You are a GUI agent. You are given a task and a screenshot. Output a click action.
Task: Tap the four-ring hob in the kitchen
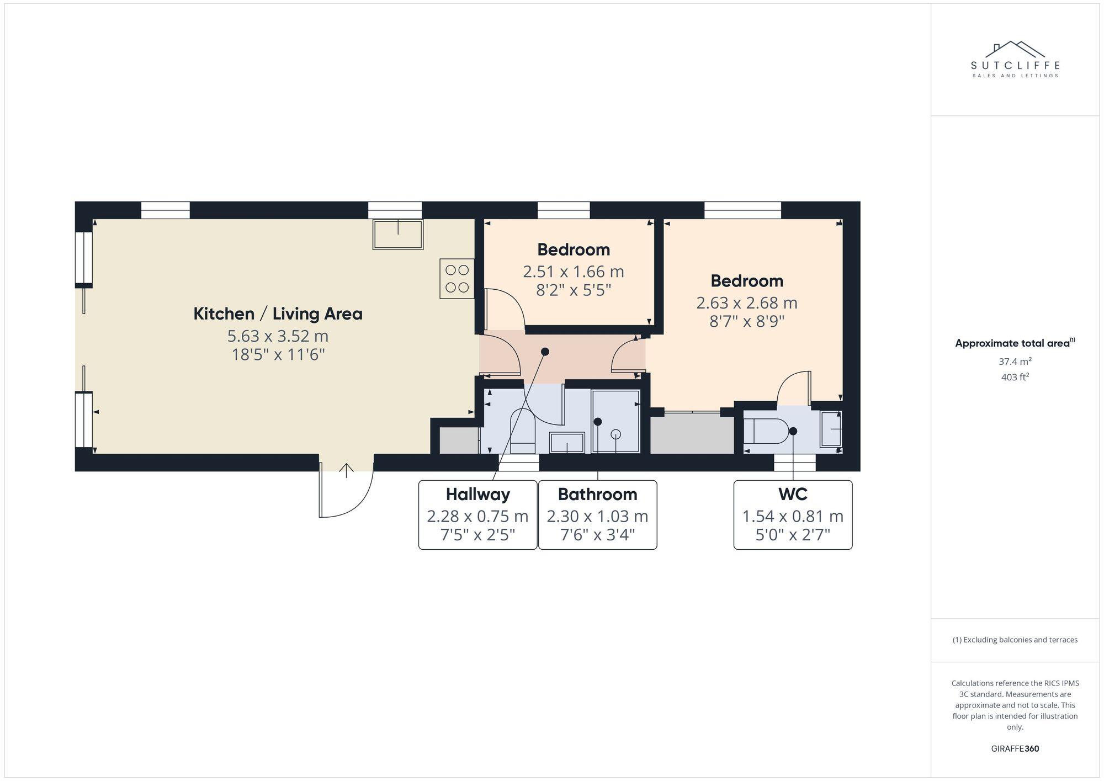tap(457, 279)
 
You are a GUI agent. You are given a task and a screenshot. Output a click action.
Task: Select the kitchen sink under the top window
tap(398, 234)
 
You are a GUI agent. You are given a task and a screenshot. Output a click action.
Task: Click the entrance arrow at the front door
tap(346, 470)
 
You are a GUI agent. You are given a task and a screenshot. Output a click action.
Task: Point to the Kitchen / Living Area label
tap(278, 314)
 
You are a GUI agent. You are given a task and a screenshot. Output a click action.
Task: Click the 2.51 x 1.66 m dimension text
tap(573, 272)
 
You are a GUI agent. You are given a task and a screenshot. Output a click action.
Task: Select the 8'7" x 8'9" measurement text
tap(747, 321)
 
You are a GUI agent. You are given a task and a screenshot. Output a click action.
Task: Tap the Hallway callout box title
tap(477, 494)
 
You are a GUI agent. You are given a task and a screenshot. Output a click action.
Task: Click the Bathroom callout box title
tap(597, 494)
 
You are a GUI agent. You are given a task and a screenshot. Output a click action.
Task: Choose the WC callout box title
tap(793, 494)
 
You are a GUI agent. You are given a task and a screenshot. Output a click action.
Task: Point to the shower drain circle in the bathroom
tap(616, 434)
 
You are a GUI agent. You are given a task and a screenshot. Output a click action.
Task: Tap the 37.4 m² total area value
tap(1015, 362)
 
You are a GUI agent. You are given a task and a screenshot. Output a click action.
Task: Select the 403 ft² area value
tap(1015, 378)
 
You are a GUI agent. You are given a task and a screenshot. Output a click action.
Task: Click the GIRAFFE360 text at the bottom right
tap(1015, 749)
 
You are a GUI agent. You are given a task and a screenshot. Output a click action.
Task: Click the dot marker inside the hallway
tap(545, 352)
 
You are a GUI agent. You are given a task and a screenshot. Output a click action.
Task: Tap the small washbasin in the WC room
tap(831, 429)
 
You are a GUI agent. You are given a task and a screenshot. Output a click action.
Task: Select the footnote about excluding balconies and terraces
tap(1015, 640)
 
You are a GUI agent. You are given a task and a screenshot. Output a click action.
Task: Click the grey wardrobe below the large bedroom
tap(692, 433)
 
